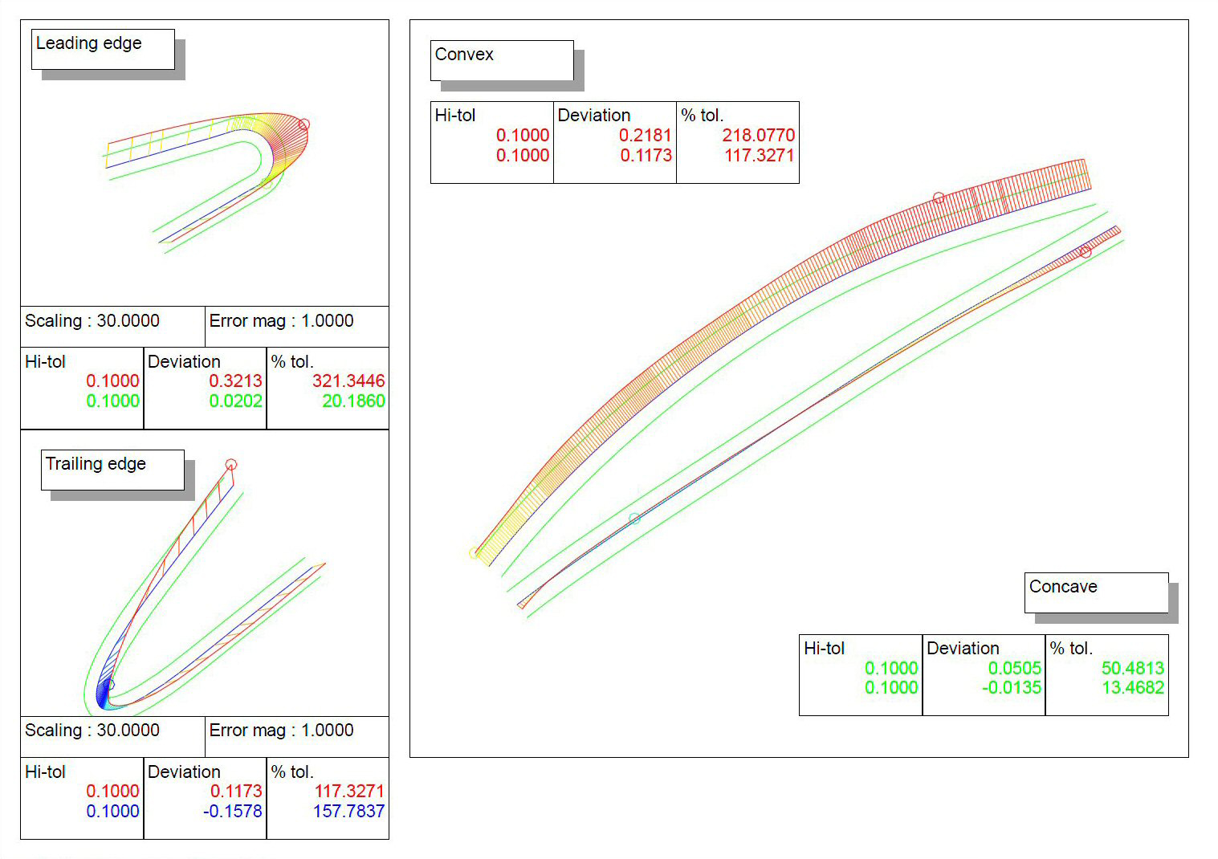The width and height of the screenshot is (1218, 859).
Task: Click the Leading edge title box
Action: pyautogui.click(x=103, y=49)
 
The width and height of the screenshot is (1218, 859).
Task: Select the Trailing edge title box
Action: pyautogui.click(x=112, y=470)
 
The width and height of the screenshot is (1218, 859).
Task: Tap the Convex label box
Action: pyautogui.click(x=502, y=60)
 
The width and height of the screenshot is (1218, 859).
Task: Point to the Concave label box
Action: pyautogui.click(x=1096, y=592)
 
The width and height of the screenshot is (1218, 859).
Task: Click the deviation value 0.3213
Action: pyautogui.click(x=235, y=381)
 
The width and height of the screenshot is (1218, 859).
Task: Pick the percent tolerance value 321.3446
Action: pyautogui.click(x=348, y=381)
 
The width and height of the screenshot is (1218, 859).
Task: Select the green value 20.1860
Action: pyautogui.click(x=353, y=401)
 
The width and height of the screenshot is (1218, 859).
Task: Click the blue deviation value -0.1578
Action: pyautogui.click(x=232, y=811)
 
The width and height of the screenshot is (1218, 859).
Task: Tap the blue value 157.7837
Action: pyautogui.click(x=348, y=811)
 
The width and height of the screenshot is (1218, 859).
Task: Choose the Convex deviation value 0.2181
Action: pyautogui.click(x=645, y=135)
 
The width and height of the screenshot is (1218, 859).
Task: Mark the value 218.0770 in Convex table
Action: pyautogui.click(x=758, y=135)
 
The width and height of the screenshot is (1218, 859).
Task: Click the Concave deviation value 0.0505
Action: pyautogui.click(x=1014, y=668)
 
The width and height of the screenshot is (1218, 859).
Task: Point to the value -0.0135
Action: pyautogui.click(x=1011, y=687)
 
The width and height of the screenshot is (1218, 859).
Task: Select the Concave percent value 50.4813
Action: pyautogui.click(x=1132, y=668)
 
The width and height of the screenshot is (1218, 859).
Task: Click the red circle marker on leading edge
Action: pyautogui.click(x=303, y=124)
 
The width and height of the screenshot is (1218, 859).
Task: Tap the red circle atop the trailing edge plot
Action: pyautogui.click(x=231, y=464)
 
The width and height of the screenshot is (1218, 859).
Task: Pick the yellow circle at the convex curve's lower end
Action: pyautogui.click(x=474, y=553)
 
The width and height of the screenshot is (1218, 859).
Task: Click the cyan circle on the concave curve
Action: pyautogui.click(x=634, y=519)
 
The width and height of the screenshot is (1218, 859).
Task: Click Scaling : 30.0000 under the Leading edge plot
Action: pyautogui.click(x=92, y=321)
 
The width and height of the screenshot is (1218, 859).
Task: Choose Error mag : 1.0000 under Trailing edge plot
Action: pyautogui.click(x=281, y=731)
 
